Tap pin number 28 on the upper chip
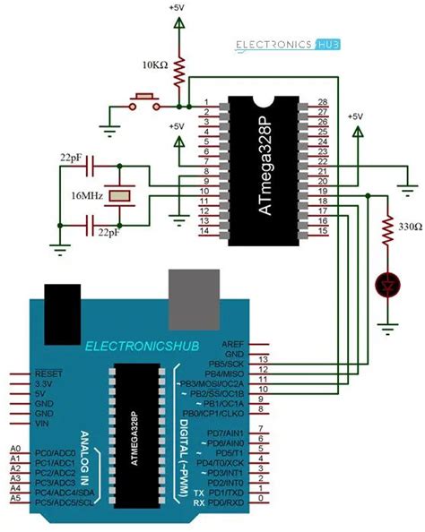[323, 102]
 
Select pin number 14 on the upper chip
[206, 231]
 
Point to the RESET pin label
[47, 373]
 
